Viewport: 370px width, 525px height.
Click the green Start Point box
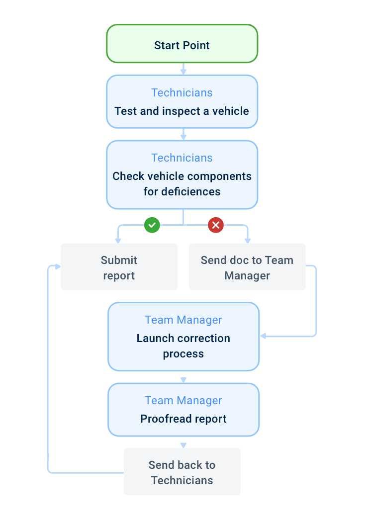(182, 44)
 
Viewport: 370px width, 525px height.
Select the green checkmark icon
(152, 225)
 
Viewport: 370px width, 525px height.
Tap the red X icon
(215, 225)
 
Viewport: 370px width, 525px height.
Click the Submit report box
(119, 267)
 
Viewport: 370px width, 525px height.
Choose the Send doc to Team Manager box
(247, 267)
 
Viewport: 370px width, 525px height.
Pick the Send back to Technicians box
(182, 472)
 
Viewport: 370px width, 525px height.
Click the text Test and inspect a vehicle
(182, 111)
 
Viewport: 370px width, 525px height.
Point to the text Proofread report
(183, 419)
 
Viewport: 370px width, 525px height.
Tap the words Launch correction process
(183, 346)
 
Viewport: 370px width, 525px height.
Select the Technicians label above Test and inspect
(182, 92)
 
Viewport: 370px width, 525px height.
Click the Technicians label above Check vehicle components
(182, 158)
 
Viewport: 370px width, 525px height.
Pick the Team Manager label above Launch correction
(183, 320)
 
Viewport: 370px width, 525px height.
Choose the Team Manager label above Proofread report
(183, 400)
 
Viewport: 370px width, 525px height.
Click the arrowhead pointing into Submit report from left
(58, 266)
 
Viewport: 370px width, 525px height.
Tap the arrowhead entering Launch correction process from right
(263, 336)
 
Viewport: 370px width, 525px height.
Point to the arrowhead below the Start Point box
(183, 72)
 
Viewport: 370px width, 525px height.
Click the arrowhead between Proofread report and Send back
(183, 445)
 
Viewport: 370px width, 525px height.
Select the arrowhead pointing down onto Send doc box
(247, 240)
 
